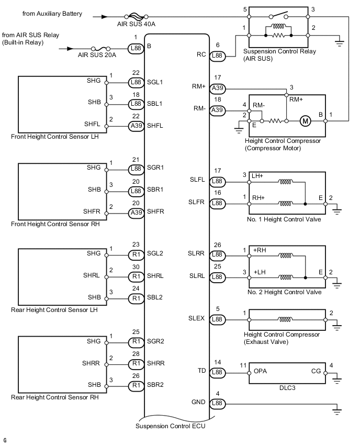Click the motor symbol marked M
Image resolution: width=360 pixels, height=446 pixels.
coord(305,121)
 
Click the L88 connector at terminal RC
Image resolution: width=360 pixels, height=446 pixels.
coord(217,55)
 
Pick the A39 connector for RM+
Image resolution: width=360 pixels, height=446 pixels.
coord(217,89)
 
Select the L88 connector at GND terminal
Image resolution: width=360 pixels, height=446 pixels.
coord(217,403)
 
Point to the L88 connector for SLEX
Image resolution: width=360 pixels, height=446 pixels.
coord(217,319)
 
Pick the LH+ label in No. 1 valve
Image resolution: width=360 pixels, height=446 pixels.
coord(258,176)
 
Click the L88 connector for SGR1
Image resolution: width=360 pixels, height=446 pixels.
coord(136,169)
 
